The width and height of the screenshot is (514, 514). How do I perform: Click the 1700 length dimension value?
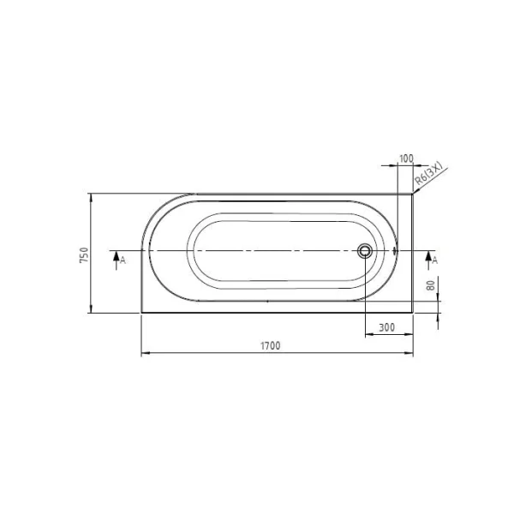pos(271,346)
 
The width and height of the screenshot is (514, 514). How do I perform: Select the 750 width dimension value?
pos(84,255)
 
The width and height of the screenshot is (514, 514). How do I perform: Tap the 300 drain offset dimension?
pos(387,327)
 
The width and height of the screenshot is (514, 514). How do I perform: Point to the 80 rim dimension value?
pos(431,285)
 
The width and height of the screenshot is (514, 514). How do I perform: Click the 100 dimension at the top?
pos(406,158)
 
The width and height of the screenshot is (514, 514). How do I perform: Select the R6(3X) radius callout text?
pos(428,173)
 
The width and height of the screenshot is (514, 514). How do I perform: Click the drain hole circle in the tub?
pos(365,251)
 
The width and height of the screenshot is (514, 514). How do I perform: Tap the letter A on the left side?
pos(123,260)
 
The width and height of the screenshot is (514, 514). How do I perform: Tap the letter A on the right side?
pos(434,260)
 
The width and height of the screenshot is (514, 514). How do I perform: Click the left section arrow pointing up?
pos(116,260)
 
